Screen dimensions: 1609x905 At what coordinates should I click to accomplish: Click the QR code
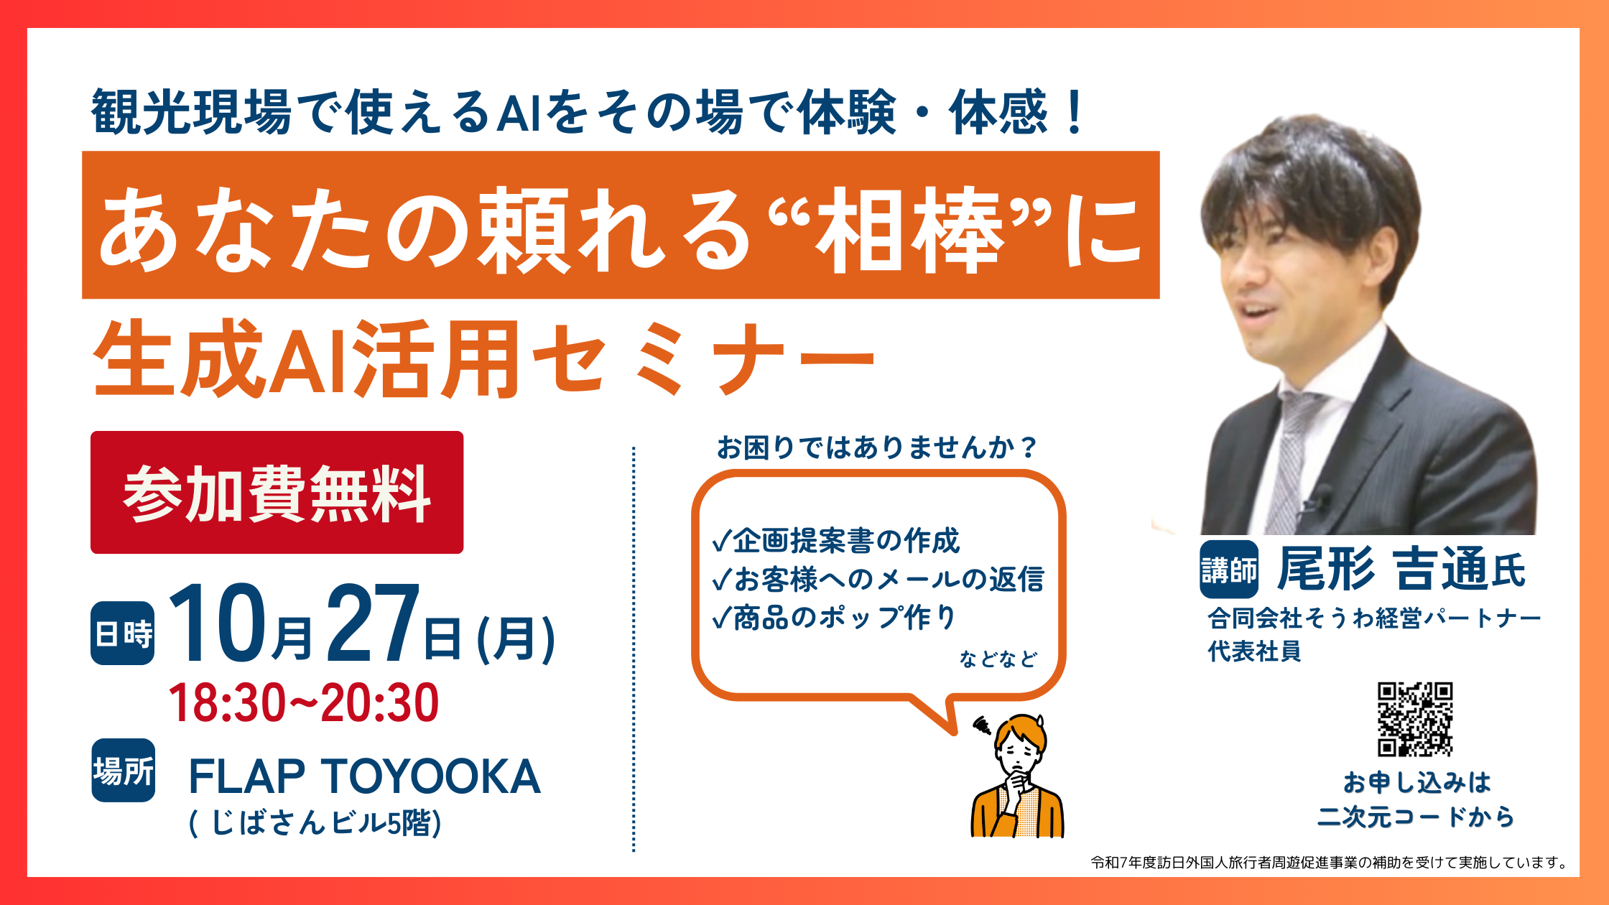(1415, 719)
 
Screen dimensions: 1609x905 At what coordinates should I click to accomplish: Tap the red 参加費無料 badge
(277, 492)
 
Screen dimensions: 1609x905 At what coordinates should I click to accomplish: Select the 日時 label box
(123, 633)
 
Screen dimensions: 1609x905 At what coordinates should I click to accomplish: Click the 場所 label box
(123, 771)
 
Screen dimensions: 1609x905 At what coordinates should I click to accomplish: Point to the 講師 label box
(1229, 570)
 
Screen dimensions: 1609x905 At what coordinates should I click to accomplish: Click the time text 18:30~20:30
(304, 702)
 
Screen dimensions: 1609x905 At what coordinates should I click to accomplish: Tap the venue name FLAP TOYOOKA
(364, 776)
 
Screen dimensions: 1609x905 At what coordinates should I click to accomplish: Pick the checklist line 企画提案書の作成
(836, 541)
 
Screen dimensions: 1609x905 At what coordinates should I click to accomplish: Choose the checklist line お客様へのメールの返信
(878, 579)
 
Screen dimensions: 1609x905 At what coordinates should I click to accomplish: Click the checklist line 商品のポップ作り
(834, 617)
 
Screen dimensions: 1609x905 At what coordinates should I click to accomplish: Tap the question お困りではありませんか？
(877, 447)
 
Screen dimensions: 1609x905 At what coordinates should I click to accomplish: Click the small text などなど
(998, 659)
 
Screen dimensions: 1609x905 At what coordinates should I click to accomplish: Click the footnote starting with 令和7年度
(1330, 863)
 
